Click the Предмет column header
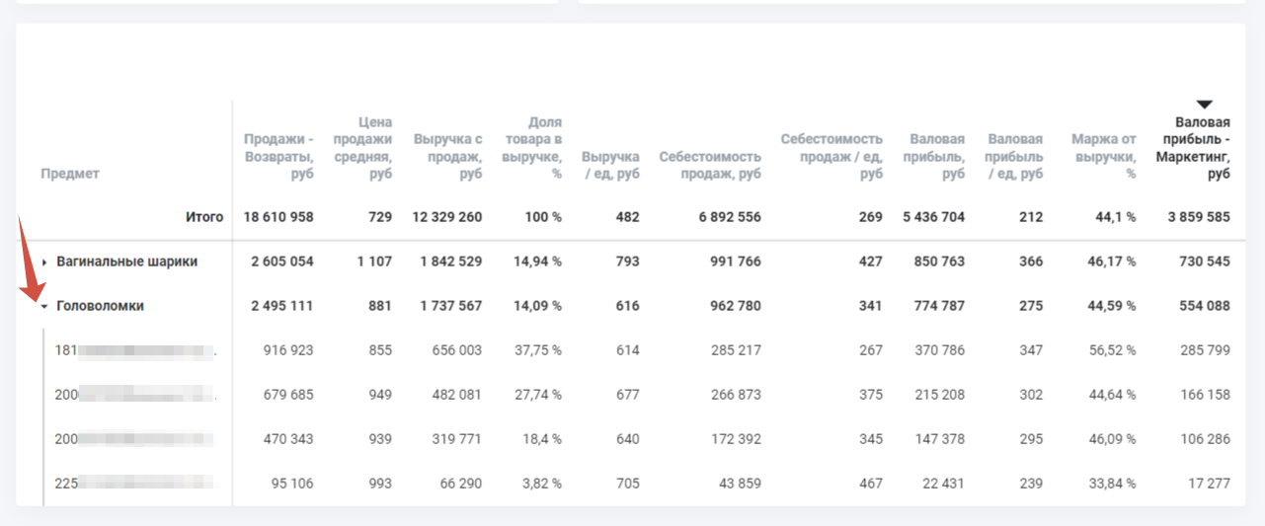tap(69, 174)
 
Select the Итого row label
tap(204, 217)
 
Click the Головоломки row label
tap(100, 306)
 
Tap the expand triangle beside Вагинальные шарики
tap(44, 263)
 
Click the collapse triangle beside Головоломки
tap(44, 307)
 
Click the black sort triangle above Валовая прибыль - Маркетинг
tap(1203, 105)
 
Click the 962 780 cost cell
tap(731, 306)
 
